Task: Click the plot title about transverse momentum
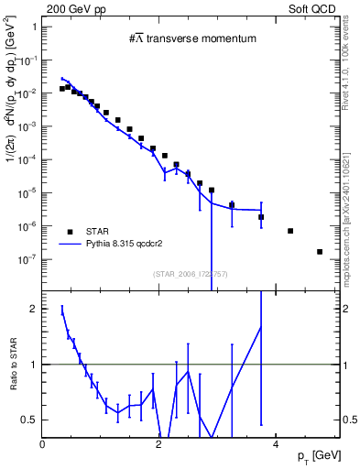pyautogui.click(x=191, y=38)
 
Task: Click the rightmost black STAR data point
pyautogui.click(x=320, y=252)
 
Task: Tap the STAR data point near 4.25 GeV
pyautogui.click(x=290, y=231)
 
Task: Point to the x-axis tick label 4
pyautogui.click(x=275, y=444)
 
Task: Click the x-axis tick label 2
pyautogui.click(x=158, y=444)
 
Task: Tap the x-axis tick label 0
pyautogui.click(x=43, y=444)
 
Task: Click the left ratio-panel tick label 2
pyautogui.click(x=33, y=309)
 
